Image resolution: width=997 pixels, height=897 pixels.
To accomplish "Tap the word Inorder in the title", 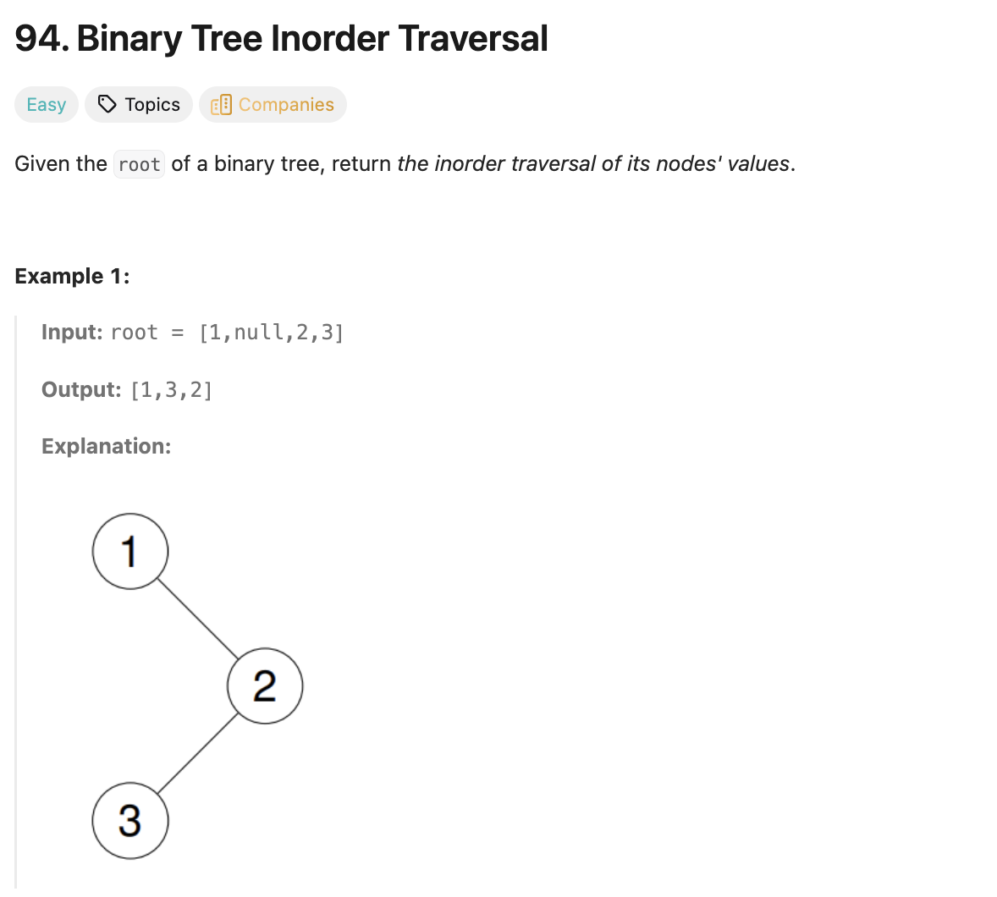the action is (x=330, y=39).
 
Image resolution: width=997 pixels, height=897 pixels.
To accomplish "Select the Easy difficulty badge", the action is (x=47, y=105).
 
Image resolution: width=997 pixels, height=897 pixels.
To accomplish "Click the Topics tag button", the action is (x=139, y=105).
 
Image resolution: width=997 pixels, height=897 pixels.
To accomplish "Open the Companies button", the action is (x=273, y=105).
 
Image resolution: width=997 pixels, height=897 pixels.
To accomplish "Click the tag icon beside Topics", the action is (x=107, y=104).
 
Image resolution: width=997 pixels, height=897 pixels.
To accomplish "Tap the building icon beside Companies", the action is (x=221, y=105).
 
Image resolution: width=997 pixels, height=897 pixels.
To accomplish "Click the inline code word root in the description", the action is (x=139, y=164).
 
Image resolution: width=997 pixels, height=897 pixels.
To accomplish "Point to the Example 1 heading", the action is (x=72, y=277).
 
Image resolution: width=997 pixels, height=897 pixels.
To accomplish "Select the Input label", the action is (x=72, y=333).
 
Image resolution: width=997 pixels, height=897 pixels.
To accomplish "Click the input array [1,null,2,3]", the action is (x=271, y=333).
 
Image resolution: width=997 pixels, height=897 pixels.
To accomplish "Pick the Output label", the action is (x=81, y=389).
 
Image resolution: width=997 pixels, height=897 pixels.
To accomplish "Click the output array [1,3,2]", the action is (x=172, y=390).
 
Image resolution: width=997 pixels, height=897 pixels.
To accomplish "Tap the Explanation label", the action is (x=106, y=446).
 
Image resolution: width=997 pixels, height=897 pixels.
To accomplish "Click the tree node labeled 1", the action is (x=130, y=551).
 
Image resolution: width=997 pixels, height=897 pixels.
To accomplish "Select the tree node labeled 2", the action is (x=265, y=685).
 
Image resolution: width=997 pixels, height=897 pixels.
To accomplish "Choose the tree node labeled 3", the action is (x=130, y=821).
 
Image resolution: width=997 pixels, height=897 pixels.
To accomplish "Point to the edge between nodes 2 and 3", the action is (x=198, y=753).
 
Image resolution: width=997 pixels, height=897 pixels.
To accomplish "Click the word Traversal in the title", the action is (x=473, y=39).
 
